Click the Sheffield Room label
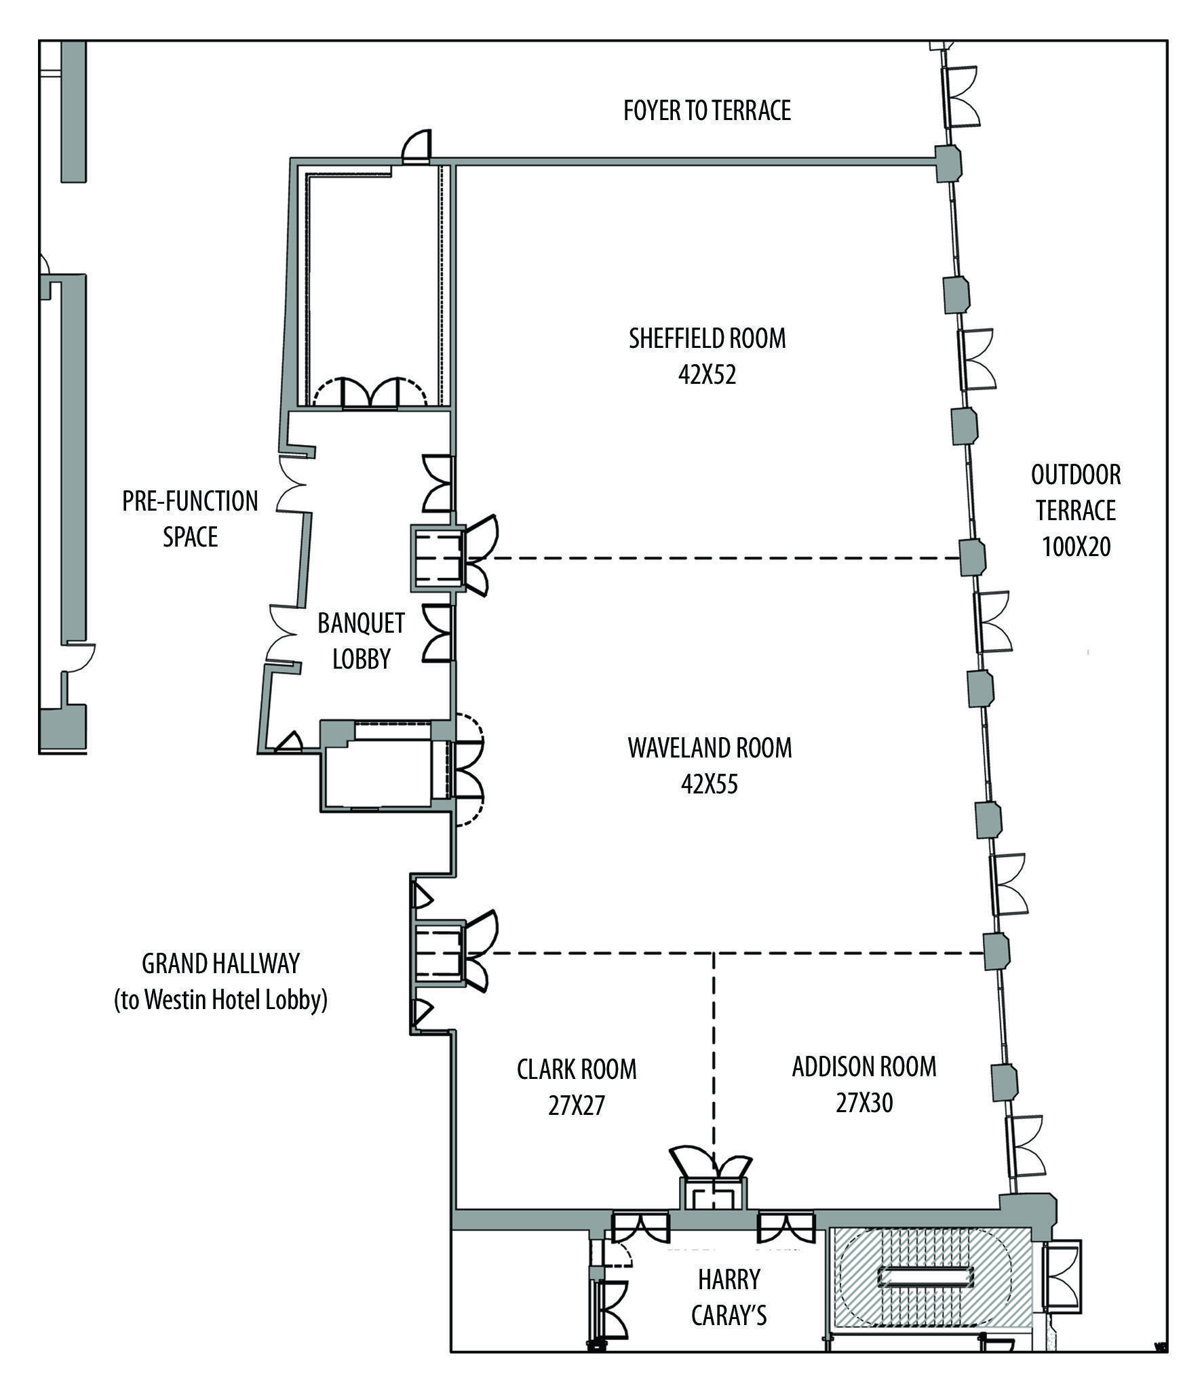tap(707, 338)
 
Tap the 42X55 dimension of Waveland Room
tap(709, 785)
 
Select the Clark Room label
tap(577, 1069)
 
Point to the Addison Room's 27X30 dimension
tap(864, 1103)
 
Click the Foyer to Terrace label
tap(707, 110)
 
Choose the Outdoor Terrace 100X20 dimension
tap(1076, 547)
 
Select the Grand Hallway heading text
tap(220, 964)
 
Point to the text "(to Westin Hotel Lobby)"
tap(220, 1000)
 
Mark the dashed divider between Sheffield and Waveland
tap(719, 558)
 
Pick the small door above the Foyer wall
tap(416, 147)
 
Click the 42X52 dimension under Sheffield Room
tap(707, 375)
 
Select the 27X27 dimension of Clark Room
tap(576, 1106)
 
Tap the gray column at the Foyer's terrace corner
tap(948, 163)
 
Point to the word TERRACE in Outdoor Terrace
tap(1076, 511)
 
